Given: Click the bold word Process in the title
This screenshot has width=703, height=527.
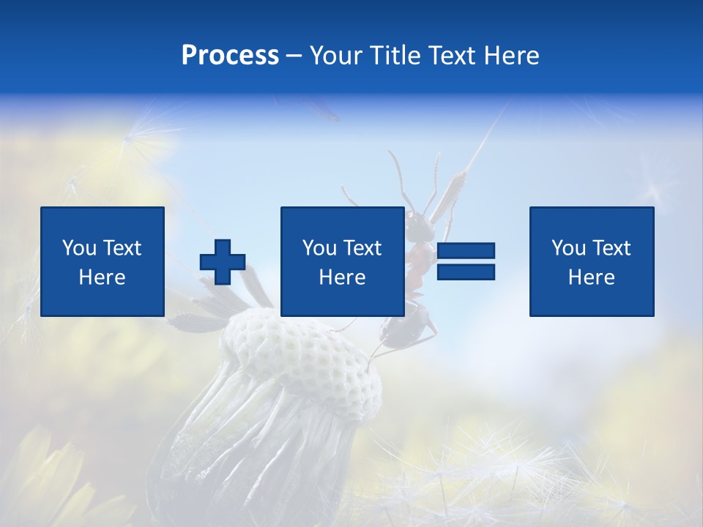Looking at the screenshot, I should (x=230, y=56).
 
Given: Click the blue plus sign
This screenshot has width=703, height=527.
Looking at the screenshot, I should (x=223, y=262).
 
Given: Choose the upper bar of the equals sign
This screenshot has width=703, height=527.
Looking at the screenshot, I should (x=466, y=251).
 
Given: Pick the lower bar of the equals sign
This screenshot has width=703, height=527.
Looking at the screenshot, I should (x=466, y=272).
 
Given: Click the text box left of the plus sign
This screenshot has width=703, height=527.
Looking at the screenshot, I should (x=103, y=261).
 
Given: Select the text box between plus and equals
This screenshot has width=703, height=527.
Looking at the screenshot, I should (x=342, y=261).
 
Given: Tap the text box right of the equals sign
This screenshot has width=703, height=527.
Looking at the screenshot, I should (x=592, y=261).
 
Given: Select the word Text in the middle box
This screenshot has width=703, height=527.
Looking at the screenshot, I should (x=362, y=248).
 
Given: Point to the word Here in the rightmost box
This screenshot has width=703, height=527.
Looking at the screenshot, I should (x=592, y=277).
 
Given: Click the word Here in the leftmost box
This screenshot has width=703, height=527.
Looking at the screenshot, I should (x=103, y=277).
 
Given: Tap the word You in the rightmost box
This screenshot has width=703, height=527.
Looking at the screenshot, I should (x=568, y=248).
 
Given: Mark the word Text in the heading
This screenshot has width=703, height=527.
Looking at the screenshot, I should (x=451, y=56).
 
